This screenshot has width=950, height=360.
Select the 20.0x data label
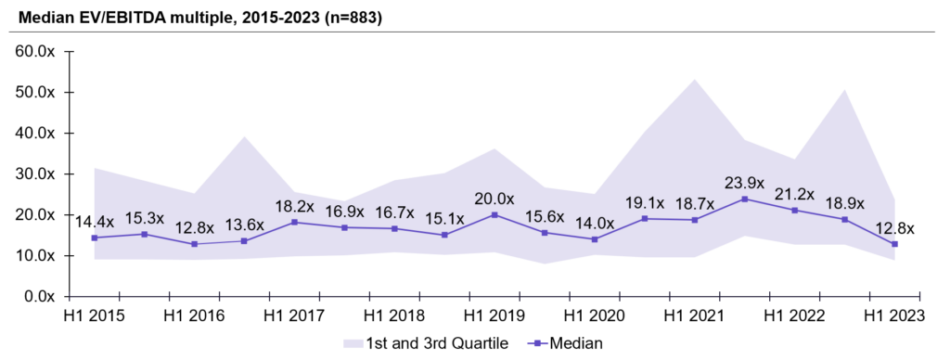click(x=495, y=197)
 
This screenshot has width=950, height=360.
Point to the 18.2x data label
click(x=294, y=204)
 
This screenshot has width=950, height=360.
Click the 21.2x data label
click(x=794, y=193)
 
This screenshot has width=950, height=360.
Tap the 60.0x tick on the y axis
click(x=34, y=52)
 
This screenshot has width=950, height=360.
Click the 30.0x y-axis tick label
click(x=34, y=174)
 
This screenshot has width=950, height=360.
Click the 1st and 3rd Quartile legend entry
click(x=426, y=343)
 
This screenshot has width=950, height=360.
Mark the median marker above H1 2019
click(x=494, y=214)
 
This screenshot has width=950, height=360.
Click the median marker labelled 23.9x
click(x=744, y=199)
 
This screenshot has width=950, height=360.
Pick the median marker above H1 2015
click(x=69, y=238)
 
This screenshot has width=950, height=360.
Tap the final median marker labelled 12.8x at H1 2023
click(x=894, y=244)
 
